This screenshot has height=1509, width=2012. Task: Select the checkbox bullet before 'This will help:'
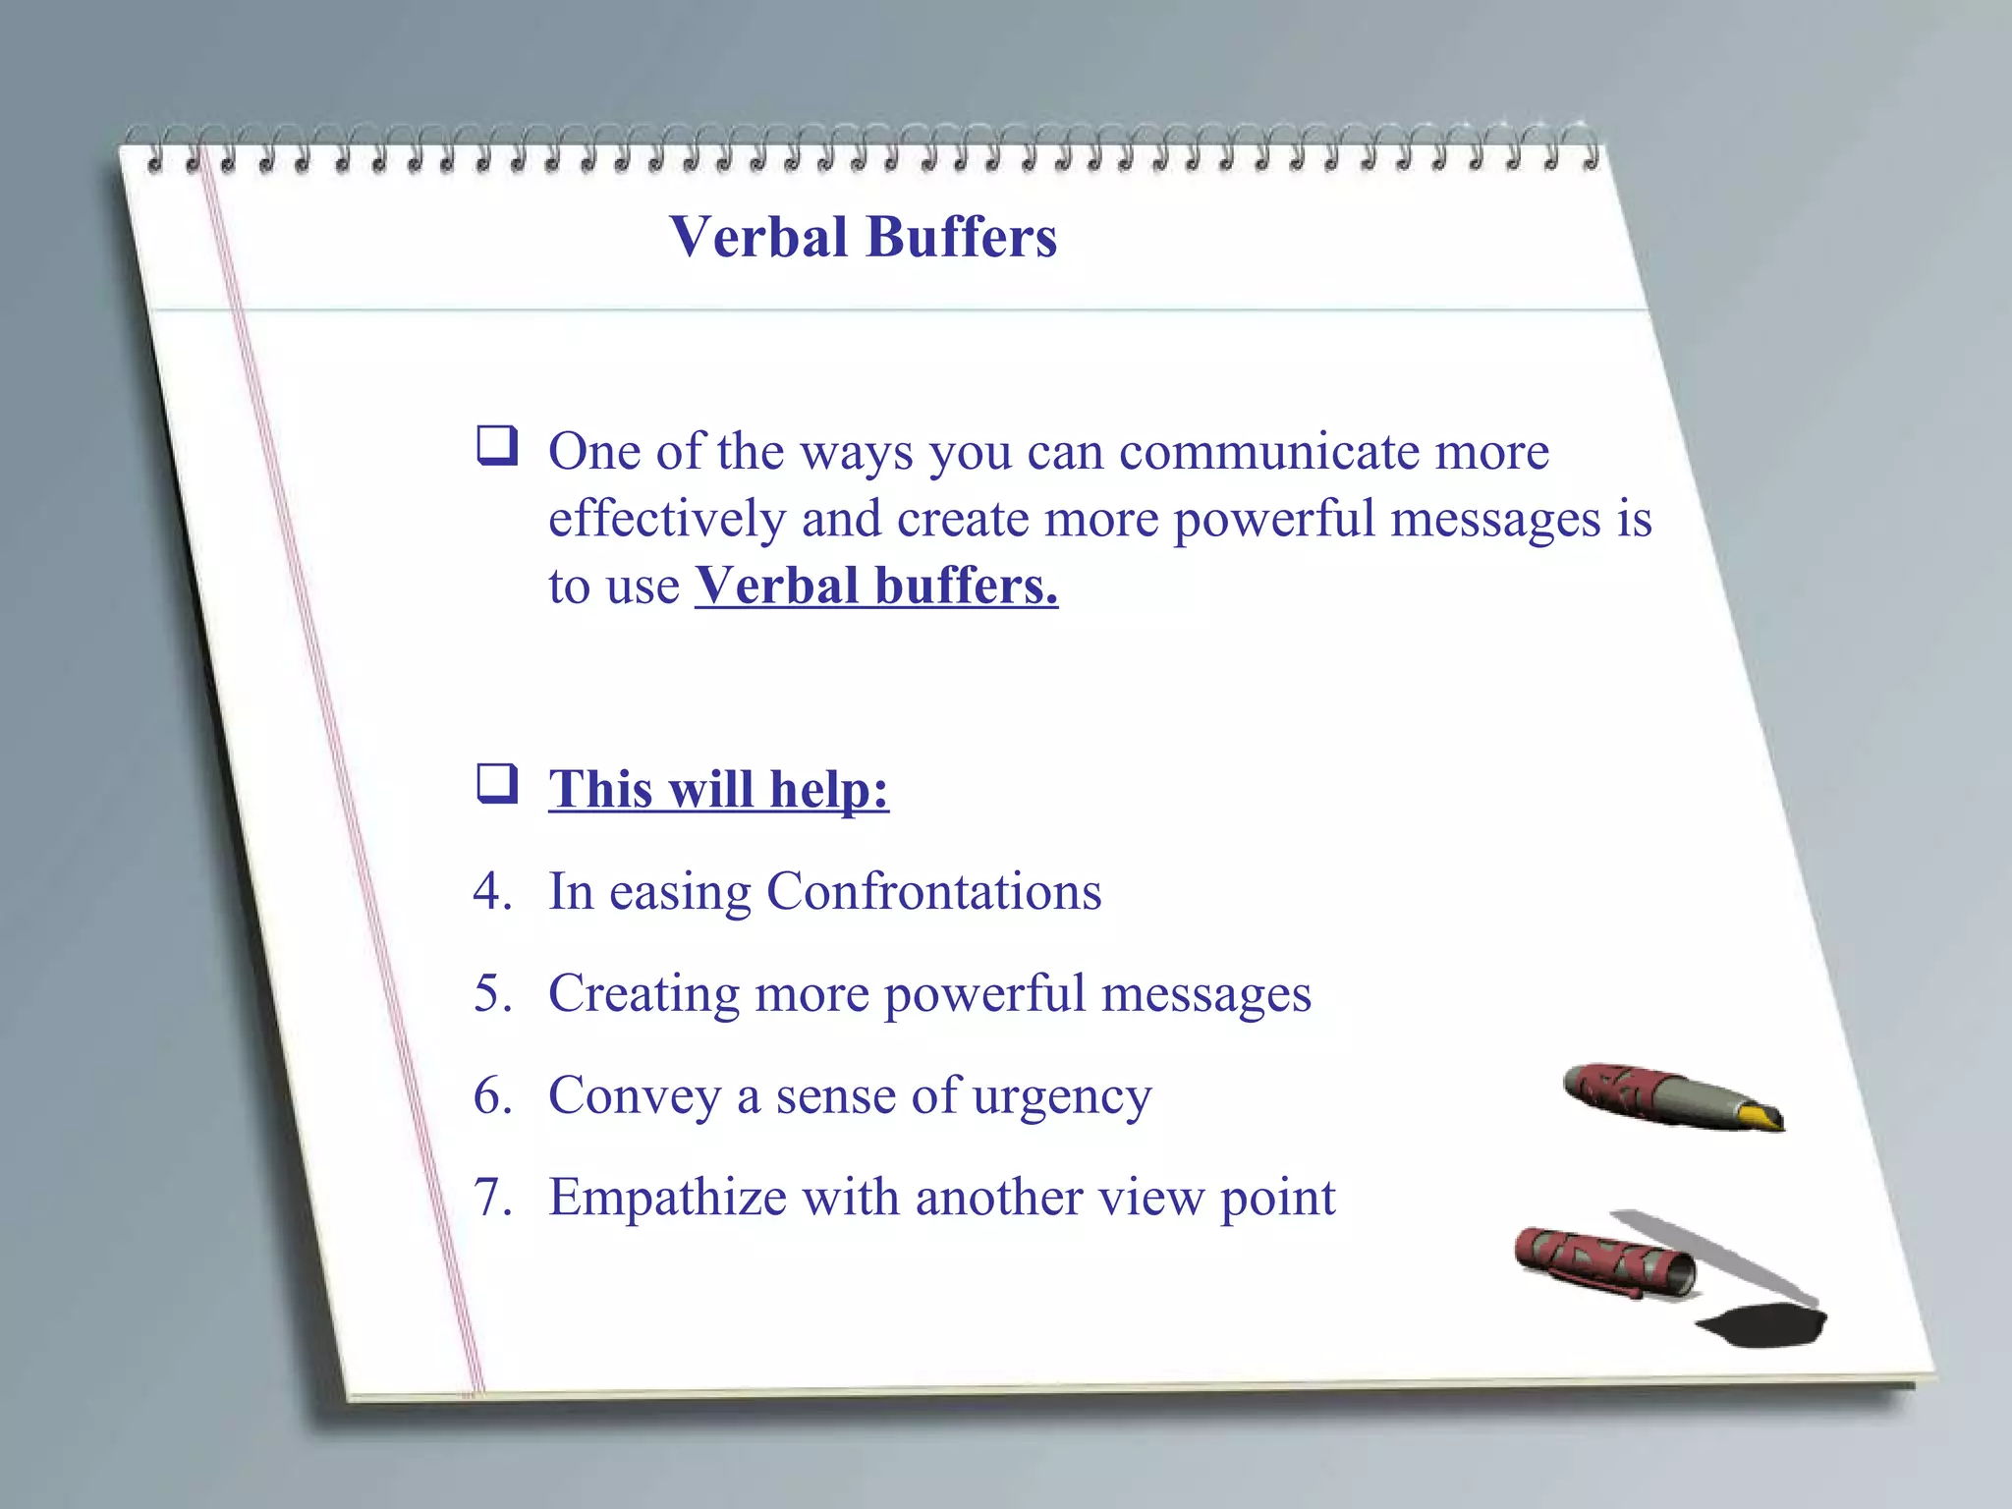pyautogui.click(x=497, y=784)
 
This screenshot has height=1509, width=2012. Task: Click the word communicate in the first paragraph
pyautogui.click(x=1269, y=452)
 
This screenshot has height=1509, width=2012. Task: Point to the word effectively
pyautogui.click(x=666, y=519)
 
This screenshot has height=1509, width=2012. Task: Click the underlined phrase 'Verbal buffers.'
pyautogui.click(x=876, y=587)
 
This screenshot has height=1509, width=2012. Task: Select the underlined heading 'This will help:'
pyautogui.click(x=718, y=789)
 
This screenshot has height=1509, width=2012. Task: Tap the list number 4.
pyautogui.click(x=491, y=892)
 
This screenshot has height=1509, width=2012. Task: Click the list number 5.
pyautogui.click(x=491, y=993)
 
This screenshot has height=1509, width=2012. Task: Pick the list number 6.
pyautogui.click(x=491, y=1095)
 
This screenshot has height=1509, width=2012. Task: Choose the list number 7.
pyautogui.click(x=491, y=1198)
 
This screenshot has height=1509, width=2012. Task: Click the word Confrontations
pyautogui.click(x=933, y=892)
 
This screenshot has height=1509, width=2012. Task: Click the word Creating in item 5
pyautogui.click(x=643, y=994)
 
